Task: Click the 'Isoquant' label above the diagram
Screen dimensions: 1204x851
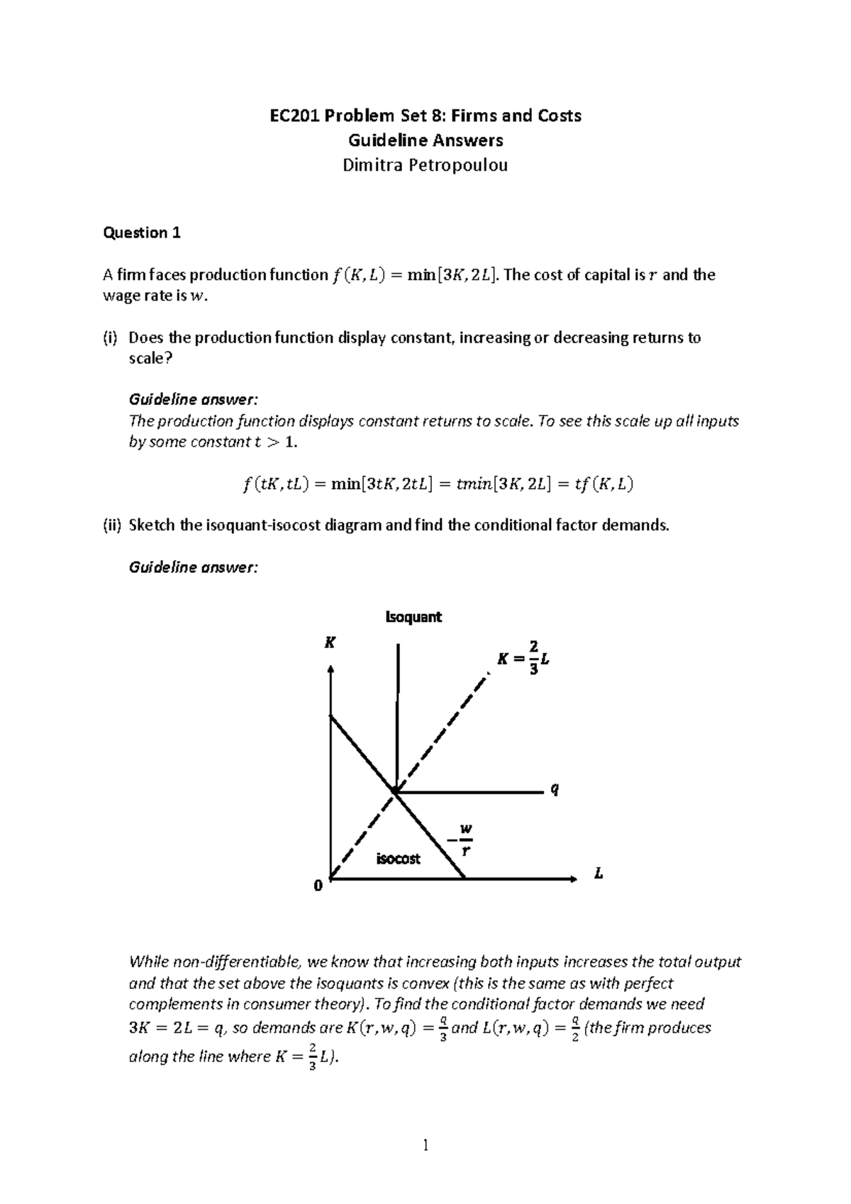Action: pyautogui.click(x=413, y=617)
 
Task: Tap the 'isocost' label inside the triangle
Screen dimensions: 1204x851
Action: pyautogui.click(x=398, y=859)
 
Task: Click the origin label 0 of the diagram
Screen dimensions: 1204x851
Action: pyautogui.click(x=318, y=886)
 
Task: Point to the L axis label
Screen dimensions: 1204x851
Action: pyautogui.click(x=599, y=874)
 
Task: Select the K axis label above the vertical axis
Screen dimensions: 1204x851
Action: pyautogui.click(x=330, y=643)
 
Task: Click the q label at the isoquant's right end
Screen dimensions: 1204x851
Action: pyautogui.click(x=555, y=790)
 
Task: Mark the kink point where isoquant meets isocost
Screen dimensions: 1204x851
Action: pyautogui.click(x=394, y=791)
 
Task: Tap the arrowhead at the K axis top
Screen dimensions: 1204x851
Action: pyautogui.click(x=330, y=669)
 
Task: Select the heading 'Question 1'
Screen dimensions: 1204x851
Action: pyautogui.click(x=142, y=233)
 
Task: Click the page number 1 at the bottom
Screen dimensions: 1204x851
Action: pyautogui.click(x=425, y=1144)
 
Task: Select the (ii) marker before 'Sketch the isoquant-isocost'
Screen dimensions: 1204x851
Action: pyautogui.click(x=112, y=525)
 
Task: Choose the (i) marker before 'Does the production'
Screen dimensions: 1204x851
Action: pyautogui.click(x=111, y=338)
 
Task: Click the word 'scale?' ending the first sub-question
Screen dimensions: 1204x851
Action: pyautogui.click(x=150, y=358)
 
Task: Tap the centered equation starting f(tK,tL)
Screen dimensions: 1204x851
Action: pyautogui.click(x=434, y=484)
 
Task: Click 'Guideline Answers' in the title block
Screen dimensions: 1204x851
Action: pyautogui.click(x=425, y=140)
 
